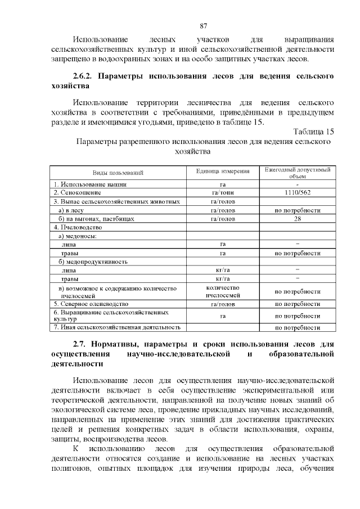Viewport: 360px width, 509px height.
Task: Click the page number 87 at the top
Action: click(x=204, y=25)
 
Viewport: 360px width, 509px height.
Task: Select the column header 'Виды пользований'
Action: click(x=118, y=172)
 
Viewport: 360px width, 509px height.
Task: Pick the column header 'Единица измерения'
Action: click(x=223, y=172)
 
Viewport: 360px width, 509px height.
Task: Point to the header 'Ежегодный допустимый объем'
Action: click(x=297, y=172)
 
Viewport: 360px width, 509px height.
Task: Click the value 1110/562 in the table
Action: click(x=297, y=192)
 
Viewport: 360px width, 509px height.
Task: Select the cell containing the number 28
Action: click(x=297, y=219)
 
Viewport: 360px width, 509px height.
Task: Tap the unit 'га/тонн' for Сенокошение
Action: click(x=223, y=192)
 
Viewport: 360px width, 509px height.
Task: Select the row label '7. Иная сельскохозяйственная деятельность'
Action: click(x=117, y=327)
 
